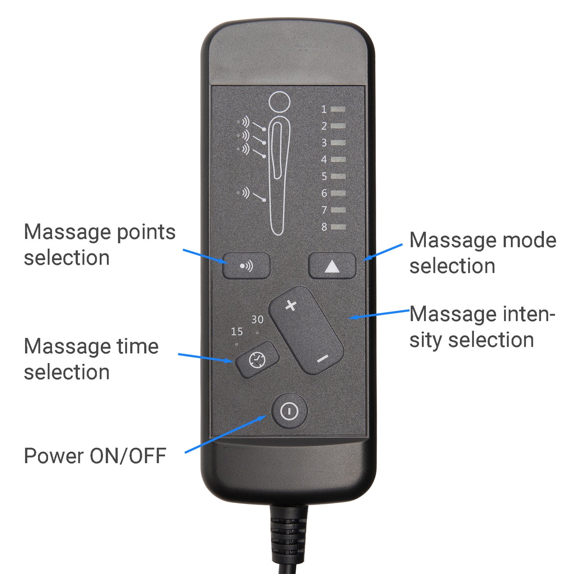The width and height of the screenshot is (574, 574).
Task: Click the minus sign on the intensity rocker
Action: click(323, 359)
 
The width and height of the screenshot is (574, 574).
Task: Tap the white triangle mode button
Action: click(332, 266)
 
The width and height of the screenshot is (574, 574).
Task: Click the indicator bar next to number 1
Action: click(338, 109)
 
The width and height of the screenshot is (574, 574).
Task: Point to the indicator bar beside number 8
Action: click(338, 227)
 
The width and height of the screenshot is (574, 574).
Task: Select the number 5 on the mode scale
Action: click(324, 176)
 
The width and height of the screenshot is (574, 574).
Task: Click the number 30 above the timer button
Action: click(257, 320)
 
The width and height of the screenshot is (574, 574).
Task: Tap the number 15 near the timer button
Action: click(237, 332)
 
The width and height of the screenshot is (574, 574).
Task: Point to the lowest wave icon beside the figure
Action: click(245, 192)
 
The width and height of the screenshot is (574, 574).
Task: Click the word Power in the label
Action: click(54, 456)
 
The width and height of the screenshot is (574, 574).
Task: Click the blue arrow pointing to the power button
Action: click(226, 434)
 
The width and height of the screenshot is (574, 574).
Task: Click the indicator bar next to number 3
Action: click(338, 143)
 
